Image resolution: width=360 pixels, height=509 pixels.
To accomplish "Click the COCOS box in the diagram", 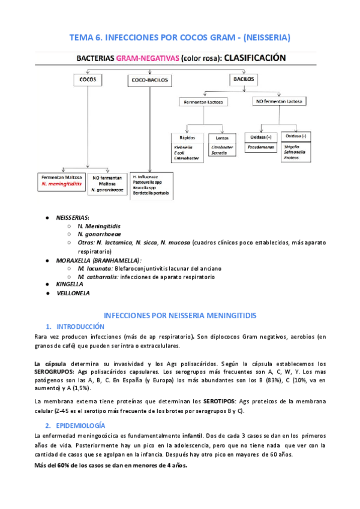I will pyautogui.click(x=88, y=79).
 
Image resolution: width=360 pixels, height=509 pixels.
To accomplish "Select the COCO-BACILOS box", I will pyautogui.click(x=148, y=79).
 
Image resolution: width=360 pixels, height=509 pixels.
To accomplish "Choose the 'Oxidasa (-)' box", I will pyautogui.click(x=294, y=137).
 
